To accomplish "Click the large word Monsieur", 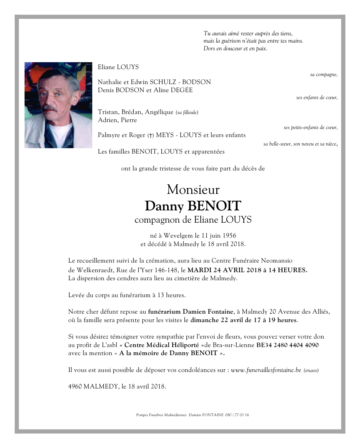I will (x=193, y=190).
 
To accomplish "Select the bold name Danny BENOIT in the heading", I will (x=193, y=206).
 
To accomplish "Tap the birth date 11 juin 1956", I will (x=218, y=235).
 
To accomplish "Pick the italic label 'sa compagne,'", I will (x=324, y=74).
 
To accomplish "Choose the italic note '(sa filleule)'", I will (x=187, y=112).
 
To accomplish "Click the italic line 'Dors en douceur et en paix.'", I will (x=235, y=49).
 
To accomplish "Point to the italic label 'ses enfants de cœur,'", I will (x=317, y=98).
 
